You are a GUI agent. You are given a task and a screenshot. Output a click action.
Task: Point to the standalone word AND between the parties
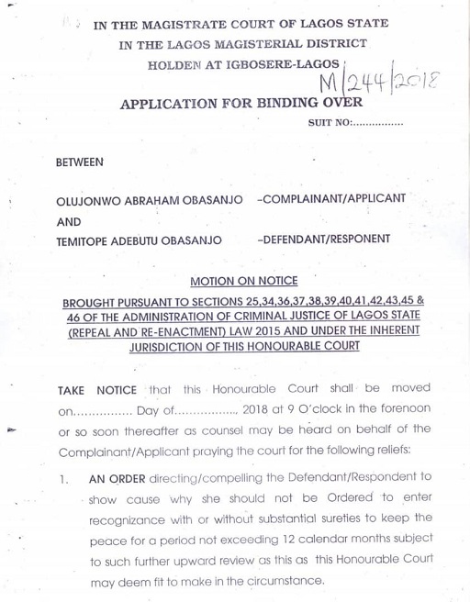point(69,222)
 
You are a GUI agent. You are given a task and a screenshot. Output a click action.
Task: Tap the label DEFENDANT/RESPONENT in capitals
point(325,240)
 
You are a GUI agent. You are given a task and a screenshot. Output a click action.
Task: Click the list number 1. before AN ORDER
point(62,479)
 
